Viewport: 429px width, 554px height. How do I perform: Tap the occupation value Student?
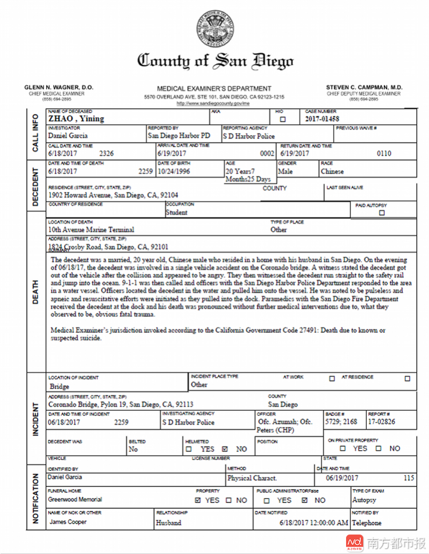pos(177,212)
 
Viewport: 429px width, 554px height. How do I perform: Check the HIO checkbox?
pos(283,120)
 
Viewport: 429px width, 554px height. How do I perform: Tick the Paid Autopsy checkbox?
pos(382,213)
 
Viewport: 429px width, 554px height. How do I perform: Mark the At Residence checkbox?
pos(407,378)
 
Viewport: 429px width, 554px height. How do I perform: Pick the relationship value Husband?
pos(169,522)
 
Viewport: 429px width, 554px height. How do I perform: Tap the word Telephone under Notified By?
pos(367,522)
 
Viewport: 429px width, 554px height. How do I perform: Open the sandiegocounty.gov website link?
pos(213,104)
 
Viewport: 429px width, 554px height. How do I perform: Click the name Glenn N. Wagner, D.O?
pos(58,88)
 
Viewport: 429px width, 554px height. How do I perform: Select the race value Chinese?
pos(332,171)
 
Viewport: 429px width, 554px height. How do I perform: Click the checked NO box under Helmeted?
pos(225,449)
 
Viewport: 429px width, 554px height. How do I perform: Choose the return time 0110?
pos(384,154)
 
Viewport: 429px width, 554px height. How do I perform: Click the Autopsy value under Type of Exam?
pos(365,500)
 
